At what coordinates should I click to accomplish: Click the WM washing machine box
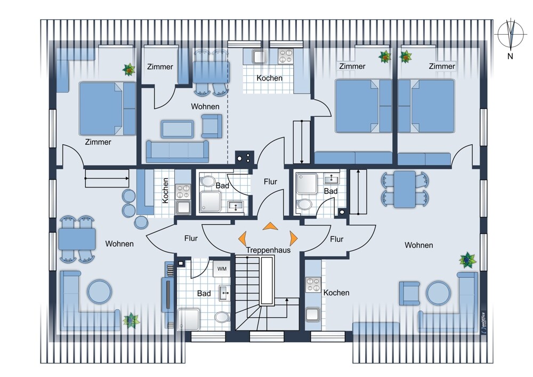[222, 269]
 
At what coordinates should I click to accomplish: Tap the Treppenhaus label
[268, 250]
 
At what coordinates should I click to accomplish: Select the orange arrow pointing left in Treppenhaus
[243, 238]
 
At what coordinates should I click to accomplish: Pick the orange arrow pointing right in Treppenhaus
[293, 238]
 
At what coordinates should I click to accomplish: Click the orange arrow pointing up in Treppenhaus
[270, 226]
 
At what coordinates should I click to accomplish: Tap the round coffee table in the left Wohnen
[99, 292]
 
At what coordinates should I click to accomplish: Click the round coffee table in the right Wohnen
[439, 293]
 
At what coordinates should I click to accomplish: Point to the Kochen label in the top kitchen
[269, 78]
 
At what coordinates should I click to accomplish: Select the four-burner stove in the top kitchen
[286, 56]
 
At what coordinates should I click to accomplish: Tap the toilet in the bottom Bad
[222, 317]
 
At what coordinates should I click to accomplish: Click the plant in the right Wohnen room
[467, 260]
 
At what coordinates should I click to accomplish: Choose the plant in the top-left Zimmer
[129, 70]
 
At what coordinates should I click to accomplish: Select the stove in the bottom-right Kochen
[313, 285]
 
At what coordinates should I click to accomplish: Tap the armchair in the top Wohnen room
[212, 126]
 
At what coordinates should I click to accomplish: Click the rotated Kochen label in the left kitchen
[165, 191]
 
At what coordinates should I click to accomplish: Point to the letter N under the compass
[510, 56]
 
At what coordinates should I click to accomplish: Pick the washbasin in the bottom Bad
[224, 293]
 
